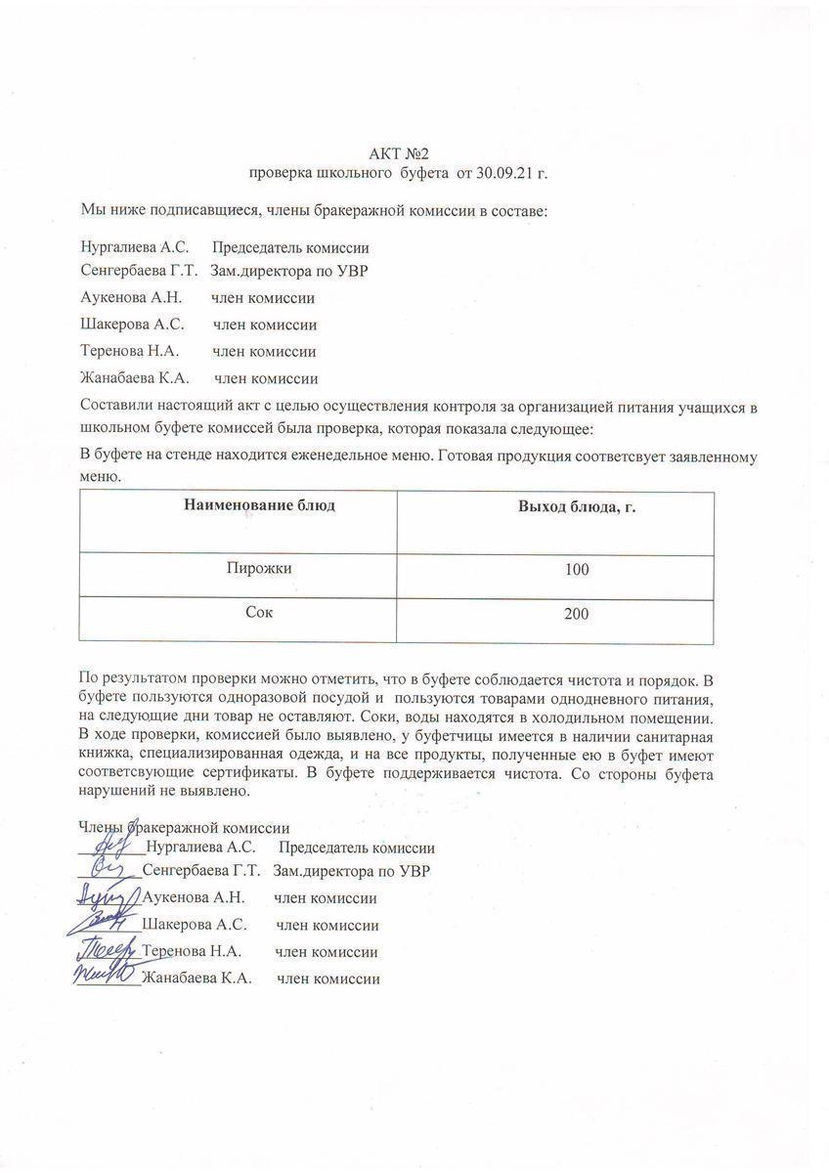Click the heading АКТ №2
[x=399, y=153]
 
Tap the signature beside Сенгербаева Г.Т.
[x=108, y=869]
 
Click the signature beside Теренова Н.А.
[x=103, y=948]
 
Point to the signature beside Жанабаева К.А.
[x=103, y=974]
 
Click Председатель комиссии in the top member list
[x=290, y=248]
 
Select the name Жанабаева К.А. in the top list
[x=134, y=378]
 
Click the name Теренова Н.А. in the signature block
[x=192, y=951]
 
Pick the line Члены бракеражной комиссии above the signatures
[x=185, y=828]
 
